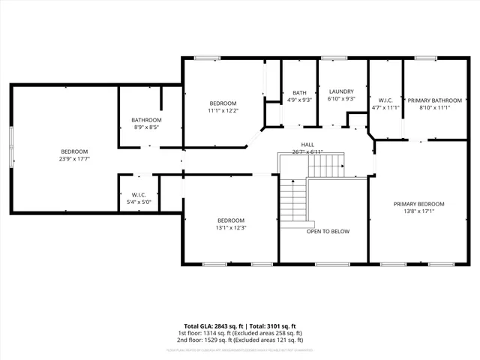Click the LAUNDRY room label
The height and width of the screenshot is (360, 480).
coord(341,91)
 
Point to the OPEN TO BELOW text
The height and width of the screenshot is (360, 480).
coord(328,232)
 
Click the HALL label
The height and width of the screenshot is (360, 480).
coord(307,145)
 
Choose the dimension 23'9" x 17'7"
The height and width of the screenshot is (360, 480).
coord(74,158)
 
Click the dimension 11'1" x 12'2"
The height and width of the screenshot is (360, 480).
coord(223,111)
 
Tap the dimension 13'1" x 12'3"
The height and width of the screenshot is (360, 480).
coord(231,227)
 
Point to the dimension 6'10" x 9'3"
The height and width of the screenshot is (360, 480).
coord(341,99)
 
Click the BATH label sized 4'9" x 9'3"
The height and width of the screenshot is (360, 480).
coord(299,92)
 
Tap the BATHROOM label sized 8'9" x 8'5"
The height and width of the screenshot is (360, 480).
coord(146,120)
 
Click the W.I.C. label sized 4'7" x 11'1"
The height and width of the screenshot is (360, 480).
coord(386,100)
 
